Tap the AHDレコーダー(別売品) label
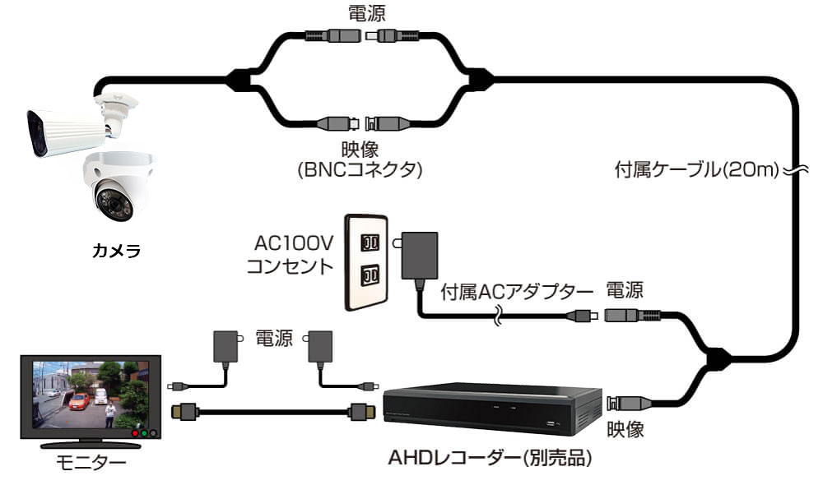pyautogui.click(x=491, y=457)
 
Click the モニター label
pyautogui.click(x=91, y=463)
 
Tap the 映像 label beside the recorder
pyautogui.click(x=625, y=428)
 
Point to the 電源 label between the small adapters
pyautogui.click(x=273, y=339)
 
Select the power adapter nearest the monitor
pyautogui.click(x=225, y=345)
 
